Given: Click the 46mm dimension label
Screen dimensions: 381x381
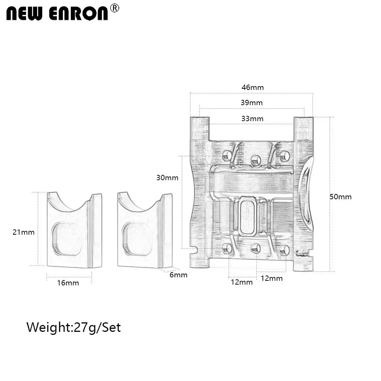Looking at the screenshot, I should [253, 87].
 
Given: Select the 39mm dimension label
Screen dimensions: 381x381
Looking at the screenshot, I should [251, 102].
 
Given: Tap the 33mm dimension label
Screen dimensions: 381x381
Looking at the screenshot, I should [252, 118].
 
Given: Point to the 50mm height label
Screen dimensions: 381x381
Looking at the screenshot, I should [341, 197].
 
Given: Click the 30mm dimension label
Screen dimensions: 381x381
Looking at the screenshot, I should [167, 178].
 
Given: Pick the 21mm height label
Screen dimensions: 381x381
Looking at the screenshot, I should [24, 232].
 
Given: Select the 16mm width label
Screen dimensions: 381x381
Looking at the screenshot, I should [68, 283].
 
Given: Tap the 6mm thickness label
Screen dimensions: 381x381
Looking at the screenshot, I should [178, 275].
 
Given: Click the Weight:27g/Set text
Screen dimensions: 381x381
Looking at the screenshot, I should [74, 327].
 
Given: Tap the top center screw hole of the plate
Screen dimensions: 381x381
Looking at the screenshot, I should [256, 159].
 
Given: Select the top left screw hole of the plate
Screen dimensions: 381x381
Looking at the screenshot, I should [227, 155].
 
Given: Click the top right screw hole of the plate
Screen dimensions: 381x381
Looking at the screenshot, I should [285, 155].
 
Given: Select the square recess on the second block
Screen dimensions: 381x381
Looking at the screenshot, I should [138, 239].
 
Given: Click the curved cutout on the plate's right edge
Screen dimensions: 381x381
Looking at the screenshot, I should [307, 198].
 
